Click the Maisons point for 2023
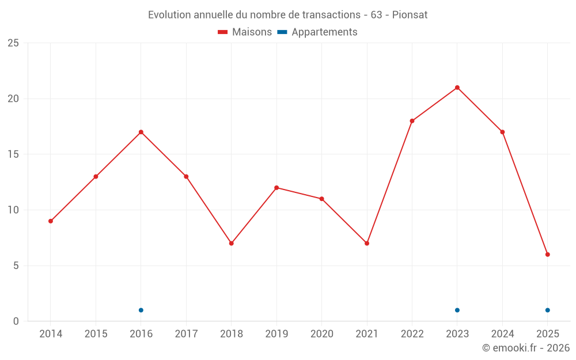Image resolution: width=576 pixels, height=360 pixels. (457, 88)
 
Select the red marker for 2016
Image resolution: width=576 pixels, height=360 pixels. (141, 132)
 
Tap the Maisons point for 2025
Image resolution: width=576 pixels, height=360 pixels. (548, 255)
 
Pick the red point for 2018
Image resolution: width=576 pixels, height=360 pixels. (231, 243)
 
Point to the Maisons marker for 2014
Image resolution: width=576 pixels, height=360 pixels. (51, 221)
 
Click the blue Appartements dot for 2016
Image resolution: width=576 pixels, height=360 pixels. (141, 310)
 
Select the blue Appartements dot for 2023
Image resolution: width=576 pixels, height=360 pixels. (457, 310)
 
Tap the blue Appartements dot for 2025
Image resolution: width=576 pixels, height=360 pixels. (548, 310)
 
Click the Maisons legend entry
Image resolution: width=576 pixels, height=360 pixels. (245, 32)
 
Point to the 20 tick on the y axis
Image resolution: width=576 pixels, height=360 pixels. (13, 98)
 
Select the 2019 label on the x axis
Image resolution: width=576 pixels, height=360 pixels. (276, 334)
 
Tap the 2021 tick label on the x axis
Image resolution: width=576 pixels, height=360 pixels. (367, 334)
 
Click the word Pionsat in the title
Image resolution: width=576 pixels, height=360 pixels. (410, 15)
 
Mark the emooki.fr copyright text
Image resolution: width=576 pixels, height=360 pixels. (526, 348)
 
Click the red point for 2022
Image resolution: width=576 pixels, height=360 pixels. (412, 121)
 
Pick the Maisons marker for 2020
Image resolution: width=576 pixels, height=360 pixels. (321, 199)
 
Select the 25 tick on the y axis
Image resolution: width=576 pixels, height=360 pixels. (13, 43)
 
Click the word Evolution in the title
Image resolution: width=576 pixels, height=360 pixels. (169, 15)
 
